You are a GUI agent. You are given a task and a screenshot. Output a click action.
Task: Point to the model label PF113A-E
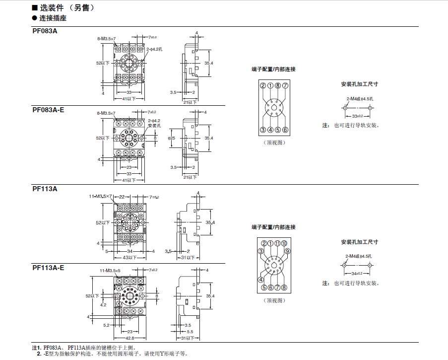[x=48, y=268]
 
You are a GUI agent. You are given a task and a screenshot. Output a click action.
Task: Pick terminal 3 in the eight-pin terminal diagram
[x=262, y=130]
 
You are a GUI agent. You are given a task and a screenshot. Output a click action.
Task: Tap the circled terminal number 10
[x=284, y=243]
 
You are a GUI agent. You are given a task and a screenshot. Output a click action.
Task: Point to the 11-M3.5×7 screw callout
[x=100, y=197]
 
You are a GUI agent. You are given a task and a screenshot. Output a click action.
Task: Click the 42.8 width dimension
[x=129, y=338]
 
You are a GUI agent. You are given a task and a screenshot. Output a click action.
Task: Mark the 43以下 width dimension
[x=129, y=257]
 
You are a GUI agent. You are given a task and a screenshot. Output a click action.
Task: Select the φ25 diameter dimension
[x=172, y=138]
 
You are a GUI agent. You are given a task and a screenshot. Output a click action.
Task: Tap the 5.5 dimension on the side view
[x=190, y=331]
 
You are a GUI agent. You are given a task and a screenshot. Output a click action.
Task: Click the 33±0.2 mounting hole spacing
[x=358, y=115]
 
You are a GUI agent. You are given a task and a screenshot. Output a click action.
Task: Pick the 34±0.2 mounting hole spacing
[x=358, y=273]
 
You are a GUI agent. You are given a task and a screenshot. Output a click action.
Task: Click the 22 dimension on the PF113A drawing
[x=122, y=197]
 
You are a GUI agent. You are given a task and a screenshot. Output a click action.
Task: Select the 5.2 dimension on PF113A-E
[x=107, y=325]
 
